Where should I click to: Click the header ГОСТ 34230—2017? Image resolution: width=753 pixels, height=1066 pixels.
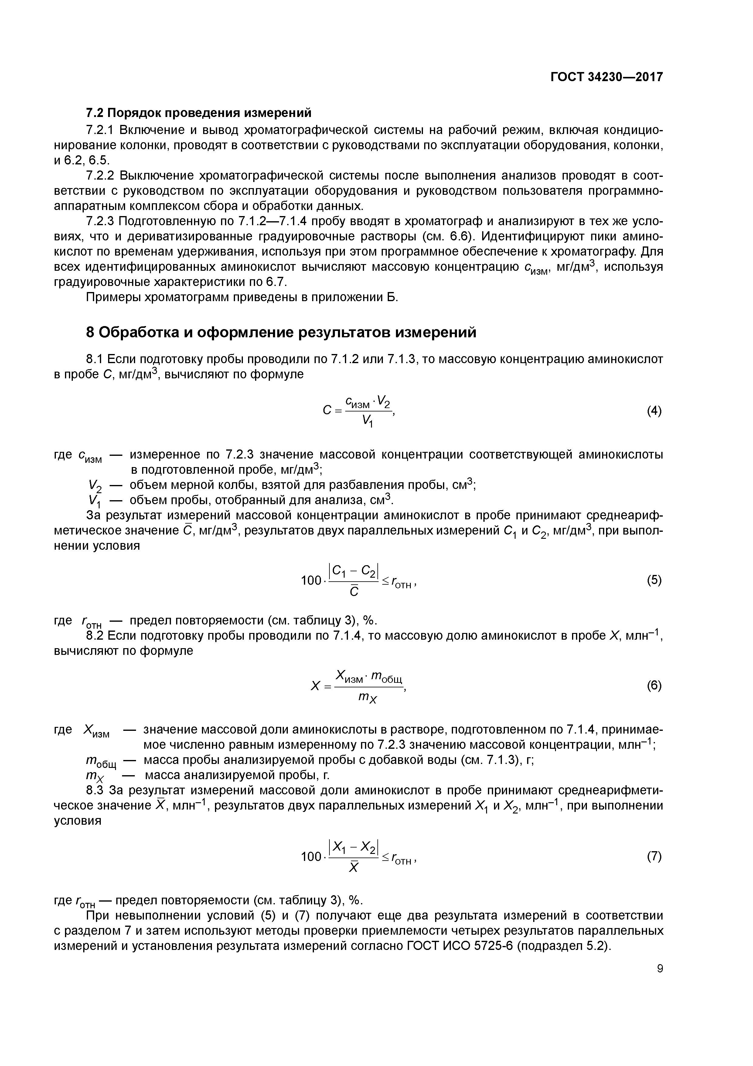(x=606, y=77)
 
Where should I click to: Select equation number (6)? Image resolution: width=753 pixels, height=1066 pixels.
(x=654, y=686)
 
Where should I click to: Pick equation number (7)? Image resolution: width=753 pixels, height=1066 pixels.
(x=654, y=857)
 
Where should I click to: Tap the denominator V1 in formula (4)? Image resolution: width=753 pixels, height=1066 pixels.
(x=368, y=421)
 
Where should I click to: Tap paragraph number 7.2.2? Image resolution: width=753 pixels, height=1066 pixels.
(x=101, y=176)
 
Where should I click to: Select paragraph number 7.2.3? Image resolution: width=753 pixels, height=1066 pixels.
(x=101, y=222)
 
